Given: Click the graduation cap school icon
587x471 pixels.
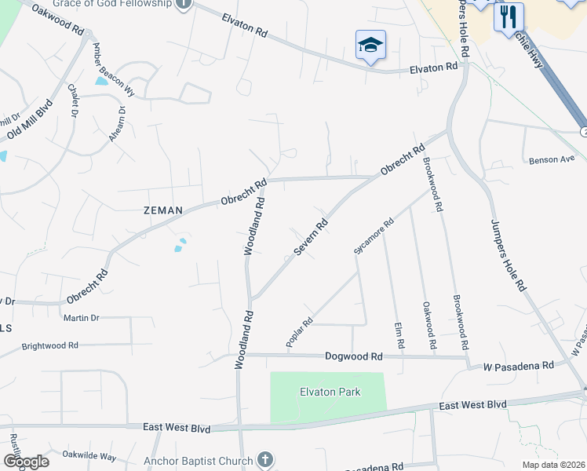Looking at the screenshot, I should [370, 45].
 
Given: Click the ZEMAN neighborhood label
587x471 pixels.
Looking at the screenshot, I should [162, 210].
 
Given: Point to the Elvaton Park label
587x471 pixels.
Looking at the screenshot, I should [329, 392].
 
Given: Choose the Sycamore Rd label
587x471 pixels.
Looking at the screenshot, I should [373, 236].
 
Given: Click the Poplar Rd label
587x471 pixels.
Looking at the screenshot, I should [300, 332].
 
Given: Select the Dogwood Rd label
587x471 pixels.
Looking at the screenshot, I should [354, 356].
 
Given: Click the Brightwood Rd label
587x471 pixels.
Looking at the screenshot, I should [50, 345].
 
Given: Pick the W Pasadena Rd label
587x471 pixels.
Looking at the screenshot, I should [518, 366].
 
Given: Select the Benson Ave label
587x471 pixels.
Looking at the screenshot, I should [552, 160].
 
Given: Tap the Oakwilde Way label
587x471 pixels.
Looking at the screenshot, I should [89, 456].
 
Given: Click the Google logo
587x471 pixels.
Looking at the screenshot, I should [26, 461].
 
